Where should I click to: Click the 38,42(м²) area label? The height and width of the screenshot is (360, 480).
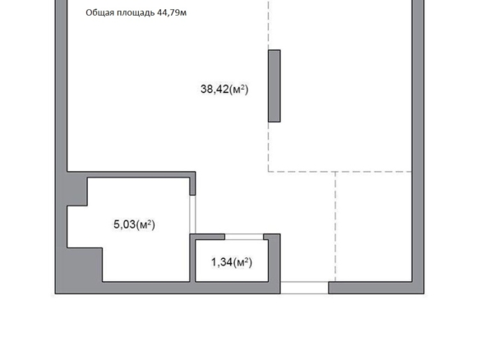click(x=224, y=89)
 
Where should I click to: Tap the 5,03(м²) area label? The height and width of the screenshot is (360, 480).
click(x=134, y=224)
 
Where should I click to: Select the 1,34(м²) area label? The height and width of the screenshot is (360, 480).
click(x=232, y=262)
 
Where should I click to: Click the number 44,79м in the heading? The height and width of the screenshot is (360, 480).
click(x=172, y=12)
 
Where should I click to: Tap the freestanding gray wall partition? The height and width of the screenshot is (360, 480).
click(x=275, y=86)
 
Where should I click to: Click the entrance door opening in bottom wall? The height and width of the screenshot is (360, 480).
click(x=304, y=288)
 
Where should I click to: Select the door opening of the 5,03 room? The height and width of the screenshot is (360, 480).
click(x=192, y=215)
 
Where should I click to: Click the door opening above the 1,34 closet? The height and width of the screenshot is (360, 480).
click(x=244, y=237)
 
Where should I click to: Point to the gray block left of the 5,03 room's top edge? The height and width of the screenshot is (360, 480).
click(x=76, y=192)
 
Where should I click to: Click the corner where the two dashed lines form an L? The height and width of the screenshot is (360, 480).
click(x=269, y=172)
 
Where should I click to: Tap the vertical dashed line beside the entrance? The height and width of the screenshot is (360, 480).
click(x=335, y=227)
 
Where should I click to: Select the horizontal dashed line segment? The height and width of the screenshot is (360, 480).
click(x=339, y=172)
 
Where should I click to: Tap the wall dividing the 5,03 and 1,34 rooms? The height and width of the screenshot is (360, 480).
click(x=192, y=258)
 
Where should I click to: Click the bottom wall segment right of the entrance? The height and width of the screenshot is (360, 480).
click(x=371, y=288)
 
